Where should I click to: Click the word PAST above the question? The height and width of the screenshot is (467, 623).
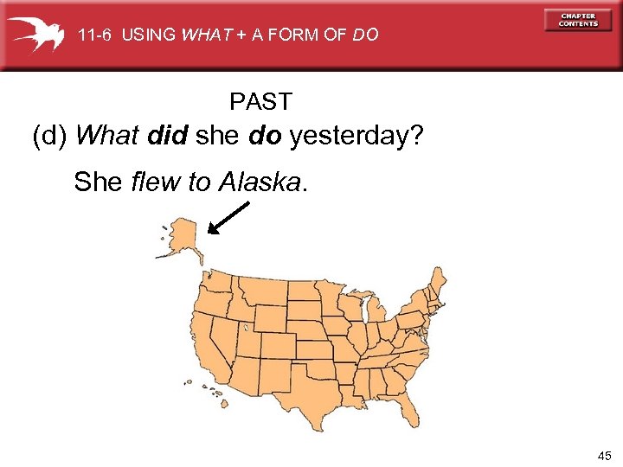[260, 102]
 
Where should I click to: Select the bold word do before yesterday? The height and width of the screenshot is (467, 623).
[266, 137]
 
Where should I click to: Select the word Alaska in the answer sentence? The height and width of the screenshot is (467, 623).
[260, 182]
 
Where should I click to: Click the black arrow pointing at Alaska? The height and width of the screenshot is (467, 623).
[229, 217]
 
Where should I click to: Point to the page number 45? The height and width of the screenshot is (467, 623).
[603, 455]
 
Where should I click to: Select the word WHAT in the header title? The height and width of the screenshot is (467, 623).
[199, 35]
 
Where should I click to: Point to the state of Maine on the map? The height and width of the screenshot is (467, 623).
[440, 281]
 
